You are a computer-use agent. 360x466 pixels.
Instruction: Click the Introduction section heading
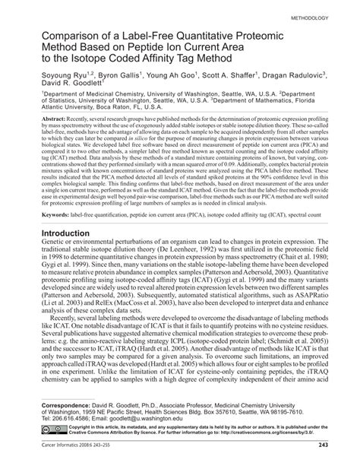pos(73,255)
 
